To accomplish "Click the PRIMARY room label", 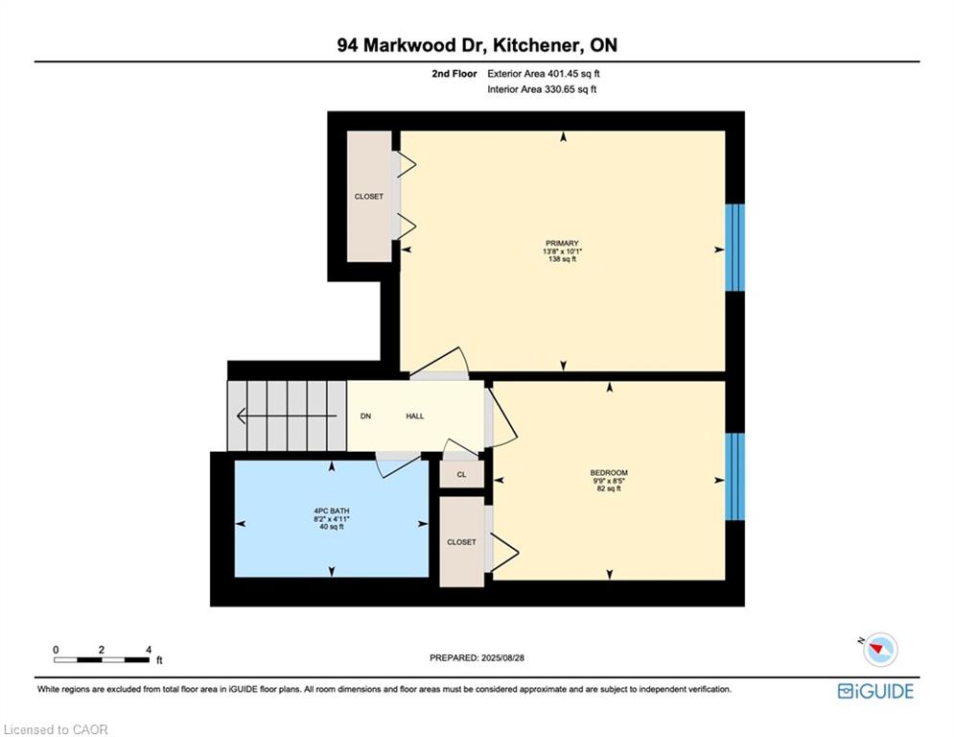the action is click(x=562, y=243).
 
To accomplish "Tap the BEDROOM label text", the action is click(x=609, y=473).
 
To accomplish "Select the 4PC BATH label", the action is click(x=332, y=511).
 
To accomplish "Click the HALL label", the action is click(x=415, y=416).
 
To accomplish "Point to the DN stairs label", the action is click(x=365, y=416).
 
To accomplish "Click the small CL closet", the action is click(x=462, y=474).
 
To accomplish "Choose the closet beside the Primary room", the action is click(x=369, y=196).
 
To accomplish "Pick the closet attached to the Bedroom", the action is click(x=462, y=541).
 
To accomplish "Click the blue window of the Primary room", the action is click(x=735, y=248).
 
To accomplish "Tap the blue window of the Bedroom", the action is click(x=735, y=476).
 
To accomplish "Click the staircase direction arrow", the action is click(x=287, y=416).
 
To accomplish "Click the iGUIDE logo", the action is click(x=875, y=691).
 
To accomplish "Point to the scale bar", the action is click(x=102, y=659).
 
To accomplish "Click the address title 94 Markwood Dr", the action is click(x=406, y=45).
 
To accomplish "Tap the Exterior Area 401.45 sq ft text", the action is click(x=544, y=74).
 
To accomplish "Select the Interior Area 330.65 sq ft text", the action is click(x=542, y=89).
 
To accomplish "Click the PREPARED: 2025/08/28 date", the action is click(x=477, y=657).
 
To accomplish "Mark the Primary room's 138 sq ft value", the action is click(x=562, y=259).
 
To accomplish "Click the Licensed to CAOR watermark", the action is click(x=56, y=729).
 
